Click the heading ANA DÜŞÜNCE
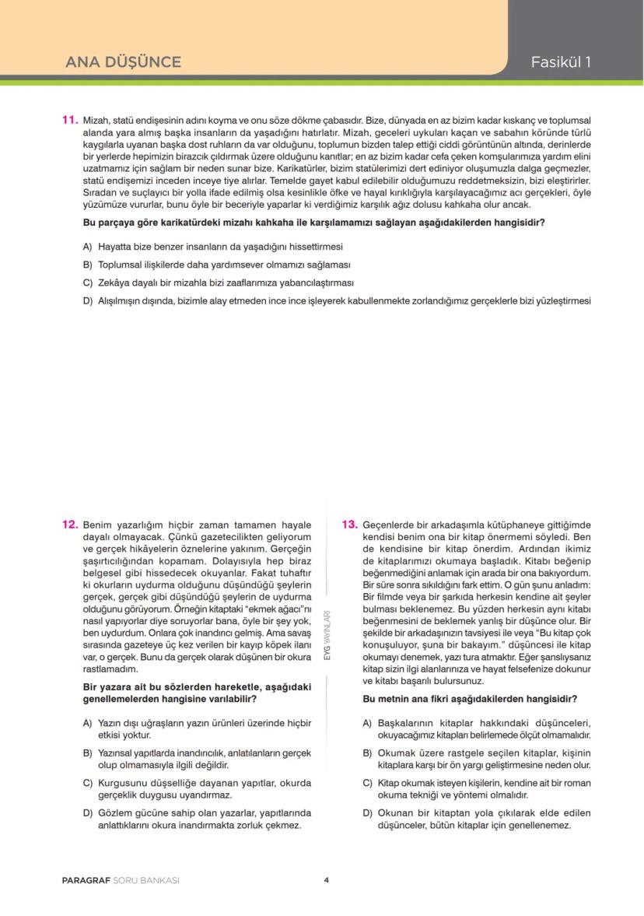pos(123,62)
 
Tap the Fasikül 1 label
pos(561,62)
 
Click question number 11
pos(69,120)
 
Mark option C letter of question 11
pos(87,283)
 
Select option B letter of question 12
pos(87,753)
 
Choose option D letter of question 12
pos(87,812)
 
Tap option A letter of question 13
pos(367,722)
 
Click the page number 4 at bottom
pos(327,880)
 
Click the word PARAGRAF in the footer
pos(86,880)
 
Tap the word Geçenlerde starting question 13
pos(388,525)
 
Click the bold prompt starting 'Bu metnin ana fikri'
pos(475,699)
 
